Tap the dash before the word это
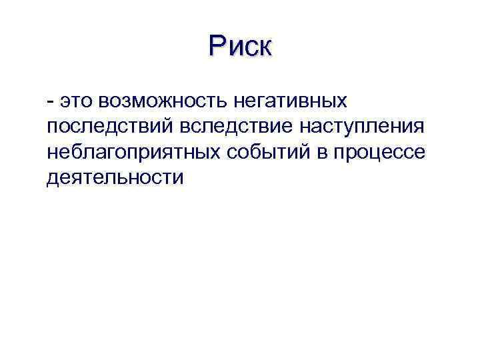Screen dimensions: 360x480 pyautogui.click(x=51, y=101)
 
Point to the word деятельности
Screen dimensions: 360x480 pyautogui.click(x=115, y=177)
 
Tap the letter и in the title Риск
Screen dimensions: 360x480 pyautogui.click(x=235, y=48)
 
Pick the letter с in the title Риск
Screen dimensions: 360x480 pyautogui.click(x=251, y=48)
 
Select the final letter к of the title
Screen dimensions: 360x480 pyautogui.click(x=265, y=48)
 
